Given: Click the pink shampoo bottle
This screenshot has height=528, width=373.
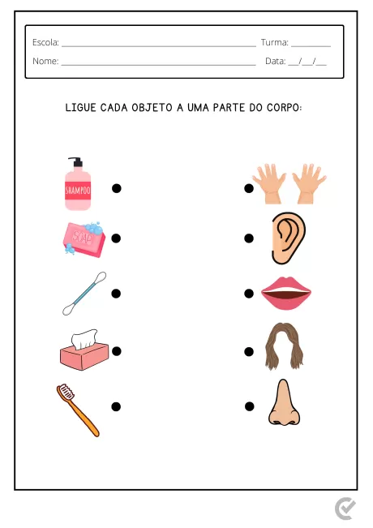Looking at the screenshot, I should (78, 187).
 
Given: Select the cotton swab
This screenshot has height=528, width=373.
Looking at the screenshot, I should (84, 293).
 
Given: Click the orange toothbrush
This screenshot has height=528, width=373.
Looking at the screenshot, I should (79, 410).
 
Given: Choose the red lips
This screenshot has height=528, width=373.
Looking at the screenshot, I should (286, 294).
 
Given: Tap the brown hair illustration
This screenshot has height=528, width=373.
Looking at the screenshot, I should (284, 346).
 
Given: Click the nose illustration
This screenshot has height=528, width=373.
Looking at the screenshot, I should (284, 404).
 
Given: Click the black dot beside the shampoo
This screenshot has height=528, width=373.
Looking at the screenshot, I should (116, 188).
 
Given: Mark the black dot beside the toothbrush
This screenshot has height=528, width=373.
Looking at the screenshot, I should (116, 406).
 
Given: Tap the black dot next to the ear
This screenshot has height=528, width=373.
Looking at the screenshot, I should (249, 238).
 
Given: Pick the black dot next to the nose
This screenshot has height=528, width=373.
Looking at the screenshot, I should (249, 406).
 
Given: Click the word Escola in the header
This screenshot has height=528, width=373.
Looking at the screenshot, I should (45, 42).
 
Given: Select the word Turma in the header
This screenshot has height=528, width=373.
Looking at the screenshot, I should (274, 42).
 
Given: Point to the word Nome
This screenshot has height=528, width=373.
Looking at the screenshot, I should (45, 61).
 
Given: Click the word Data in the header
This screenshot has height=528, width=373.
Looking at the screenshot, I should (275, 61).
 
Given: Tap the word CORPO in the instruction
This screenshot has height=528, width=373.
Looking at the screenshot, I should (283, 107).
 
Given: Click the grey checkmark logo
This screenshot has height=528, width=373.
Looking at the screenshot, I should (345, 509).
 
